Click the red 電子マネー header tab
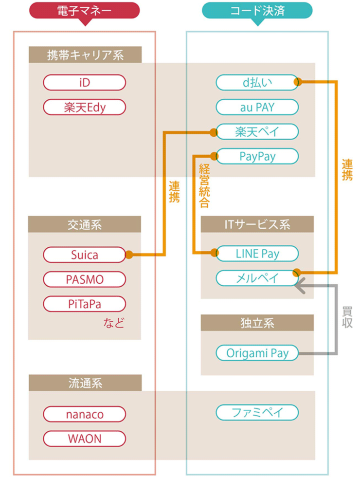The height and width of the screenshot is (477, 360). coord(85,11)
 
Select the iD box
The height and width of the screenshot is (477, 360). coord(84,82)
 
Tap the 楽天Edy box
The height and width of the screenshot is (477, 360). coord(84,106)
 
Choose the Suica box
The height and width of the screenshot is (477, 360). coord(84,253)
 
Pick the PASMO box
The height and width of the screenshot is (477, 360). coord(84,277)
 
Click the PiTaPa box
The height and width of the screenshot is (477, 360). coord(84,302)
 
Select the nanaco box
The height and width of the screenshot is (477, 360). coord(84,413)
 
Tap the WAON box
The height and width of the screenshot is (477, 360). coord(84,437)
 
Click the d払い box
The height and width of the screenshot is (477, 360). coord(257,82)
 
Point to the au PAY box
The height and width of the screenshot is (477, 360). coord(257,106)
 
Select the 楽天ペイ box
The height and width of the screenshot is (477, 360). coord(257,131)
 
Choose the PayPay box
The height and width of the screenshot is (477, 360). coord(257,155)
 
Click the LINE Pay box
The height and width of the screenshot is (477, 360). coord(257,253)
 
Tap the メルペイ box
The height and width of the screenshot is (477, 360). coord(257,277)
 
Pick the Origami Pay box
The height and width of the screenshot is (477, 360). coord(257,352)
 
